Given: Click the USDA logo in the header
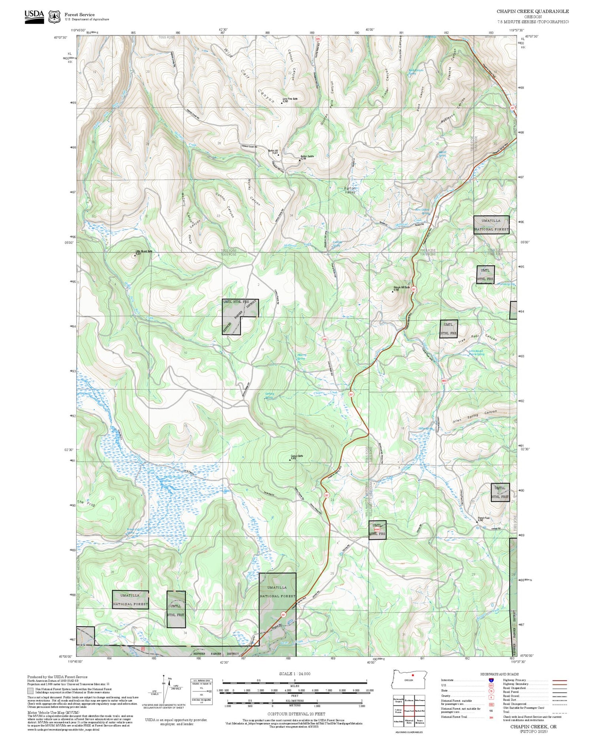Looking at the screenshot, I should tap(34, 17).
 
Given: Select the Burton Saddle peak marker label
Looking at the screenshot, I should tap(307, 157).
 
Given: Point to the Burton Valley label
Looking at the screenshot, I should tap(350, 190).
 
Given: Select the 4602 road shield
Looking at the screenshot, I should tap(444, 381).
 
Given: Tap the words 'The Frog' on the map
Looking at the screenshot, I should tap(86, 503).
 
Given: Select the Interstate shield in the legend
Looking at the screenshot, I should tap(491, 680).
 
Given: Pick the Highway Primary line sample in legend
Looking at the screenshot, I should tap(557, 680).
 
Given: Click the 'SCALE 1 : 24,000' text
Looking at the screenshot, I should tap(295, 674).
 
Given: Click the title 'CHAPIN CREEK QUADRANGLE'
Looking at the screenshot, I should tap(533, 11).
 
